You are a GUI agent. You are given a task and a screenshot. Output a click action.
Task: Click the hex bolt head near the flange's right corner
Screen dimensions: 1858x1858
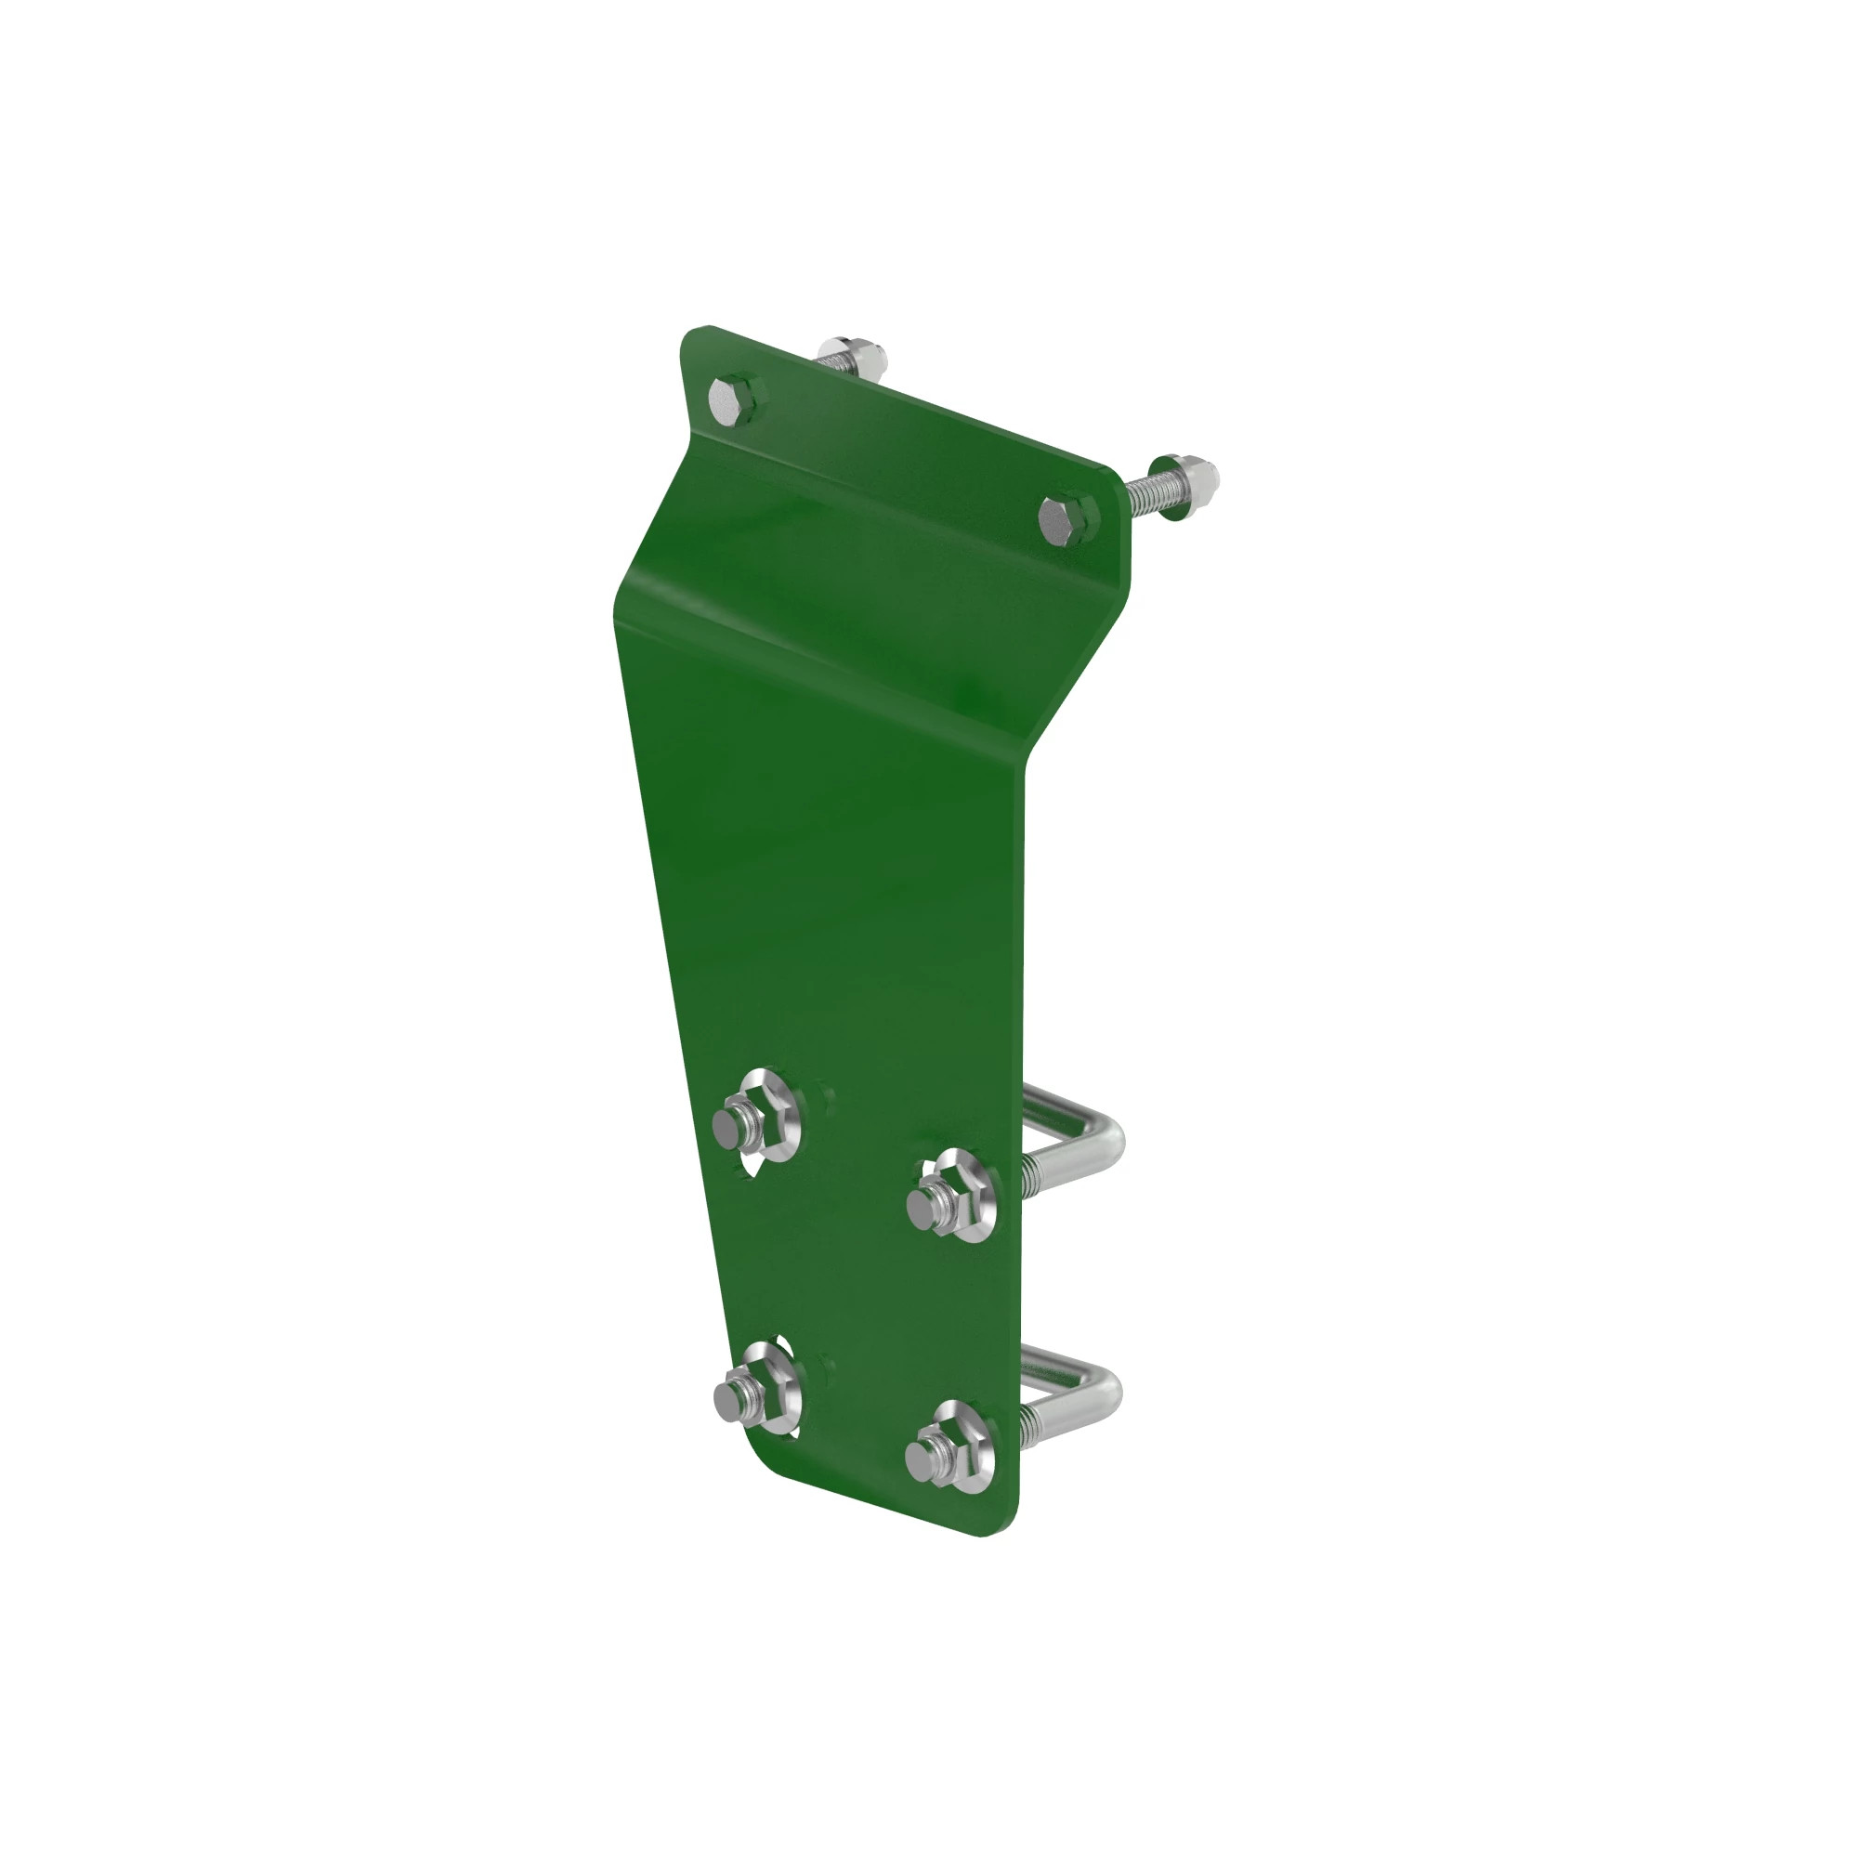coord(1066,520)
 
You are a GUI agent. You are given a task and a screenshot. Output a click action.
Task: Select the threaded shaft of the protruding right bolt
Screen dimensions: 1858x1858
coord(1145,498)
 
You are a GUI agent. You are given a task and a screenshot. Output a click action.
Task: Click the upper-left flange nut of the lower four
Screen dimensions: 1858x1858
coord(750,1126)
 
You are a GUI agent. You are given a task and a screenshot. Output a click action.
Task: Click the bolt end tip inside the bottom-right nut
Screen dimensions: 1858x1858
coord(925,1461)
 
